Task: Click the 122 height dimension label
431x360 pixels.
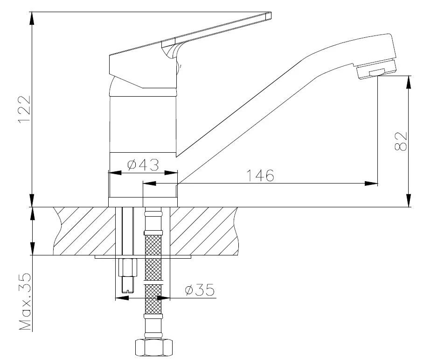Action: (x=24, y=109)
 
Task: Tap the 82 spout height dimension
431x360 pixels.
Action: (x=401, y=141)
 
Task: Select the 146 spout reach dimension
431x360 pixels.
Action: (x=260, y=176)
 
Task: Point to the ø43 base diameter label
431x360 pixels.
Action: (x=143, y=165)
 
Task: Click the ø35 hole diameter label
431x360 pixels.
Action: (x=200, y=289)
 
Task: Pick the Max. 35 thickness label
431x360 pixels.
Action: (x=25, y=302)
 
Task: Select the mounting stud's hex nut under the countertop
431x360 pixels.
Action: (x=127, y=267)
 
